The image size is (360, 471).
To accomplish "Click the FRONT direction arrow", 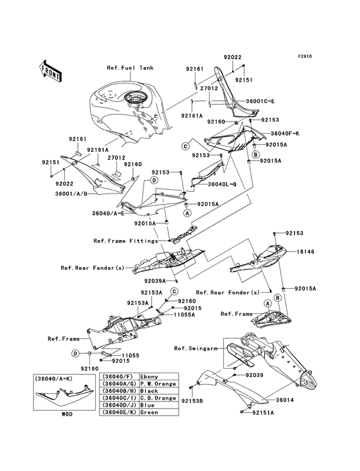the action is click(50, 71).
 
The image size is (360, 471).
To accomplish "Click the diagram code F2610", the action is click(305, 56).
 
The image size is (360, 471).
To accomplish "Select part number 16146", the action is click(305, 252).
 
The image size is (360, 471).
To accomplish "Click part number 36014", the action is click(285, 400).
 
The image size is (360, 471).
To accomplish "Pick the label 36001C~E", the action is click(260, 101).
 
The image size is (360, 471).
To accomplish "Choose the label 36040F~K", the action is click(285, 133).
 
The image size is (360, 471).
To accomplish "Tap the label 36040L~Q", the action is click(222, 184).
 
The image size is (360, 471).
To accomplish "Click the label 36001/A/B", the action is click(71, 194).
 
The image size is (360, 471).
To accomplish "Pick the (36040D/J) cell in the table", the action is click(118, 405).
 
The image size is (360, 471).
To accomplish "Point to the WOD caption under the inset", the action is click(67, 414).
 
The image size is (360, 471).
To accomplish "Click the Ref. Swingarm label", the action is click(195, 349).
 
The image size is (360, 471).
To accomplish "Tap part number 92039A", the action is click(155, 281).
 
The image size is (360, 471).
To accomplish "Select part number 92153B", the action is click(192, 401).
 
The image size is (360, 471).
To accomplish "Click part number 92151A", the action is click(263, 412).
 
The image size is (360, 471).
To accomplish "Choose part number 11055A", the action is click(184, 315).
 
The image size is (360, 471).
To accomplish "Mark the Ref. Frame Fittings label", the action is click(126, 241).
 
